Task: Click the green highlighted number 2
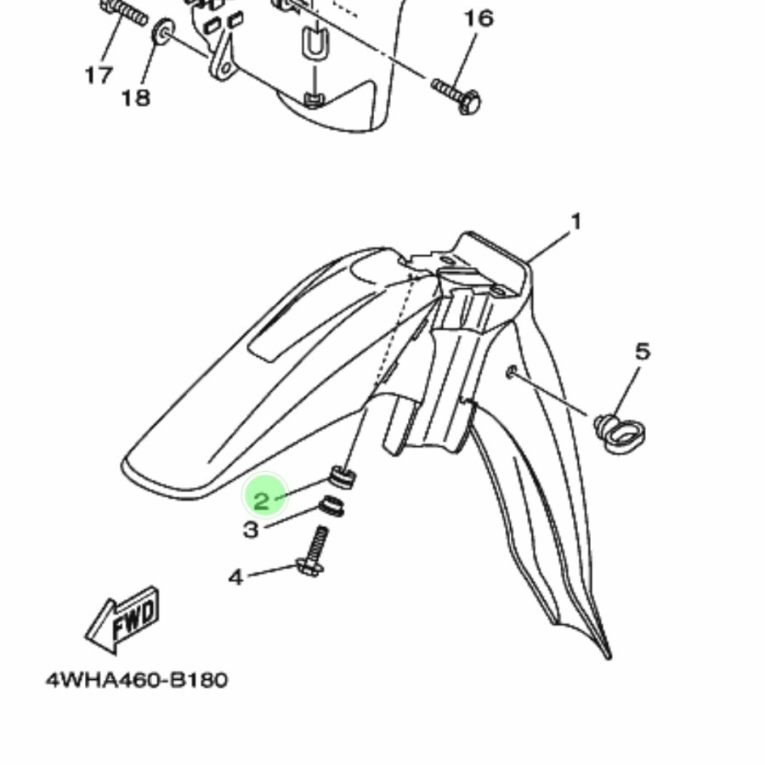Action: tap(262, 501)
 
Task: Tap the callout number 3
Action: tap(250, 530)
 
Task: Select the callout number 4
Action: tap(236, 578)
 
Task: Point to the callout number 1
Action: tap(576, 222)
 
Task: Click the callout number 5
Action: tap(643, 351)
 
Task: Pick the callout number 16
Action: tap(479, 19)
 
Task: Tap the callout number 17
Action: tap(99, 75)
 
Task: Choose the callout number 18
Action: tap(136, 98)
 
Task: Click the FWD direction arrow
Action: tap(122, 620)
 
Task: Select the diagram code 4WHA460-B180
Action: tap(137, 680)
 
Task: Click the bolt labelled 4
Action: tap(314, 552)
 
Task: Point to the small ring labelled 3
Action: tap(331, 506)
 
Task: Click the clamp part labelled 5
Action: tap(620, 432)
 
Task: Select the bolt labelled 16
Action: tap(456, 96)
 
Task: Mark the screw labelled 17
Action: tap(124, 12)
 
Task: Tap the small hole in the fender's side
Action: tap(511, 373)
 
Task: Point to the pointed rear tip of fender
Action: tap(609, 658)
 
